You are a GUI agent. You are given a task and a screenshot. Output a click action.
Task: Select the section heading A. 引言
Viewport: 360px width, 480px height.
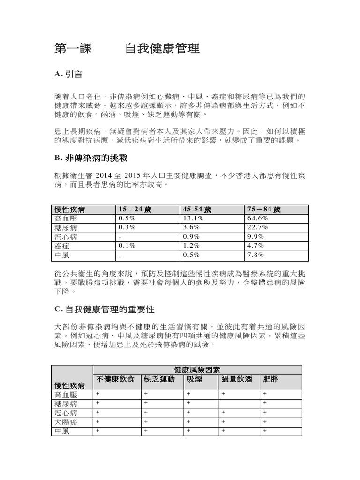click(68, 74)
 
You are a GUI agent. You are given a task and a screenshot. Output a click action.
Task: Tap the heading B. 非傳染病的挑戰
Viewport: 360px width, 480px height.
click(91, 158)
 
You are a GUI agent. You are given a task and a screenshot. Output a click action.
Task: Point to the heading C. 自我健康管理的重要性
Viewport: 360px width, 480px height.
click(104, 310)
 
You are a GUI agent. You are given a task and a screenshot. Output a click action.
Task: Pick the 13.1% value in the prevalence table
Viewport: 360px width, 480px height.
click(194, 218)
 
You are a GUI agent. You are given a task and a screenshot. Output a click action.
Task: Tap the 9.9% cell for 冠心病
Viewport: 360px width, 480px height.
click(255, 236)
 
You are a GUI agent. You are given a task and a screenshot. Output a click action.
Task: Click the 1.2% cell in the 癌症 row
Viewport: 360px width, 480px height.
click(191, 245)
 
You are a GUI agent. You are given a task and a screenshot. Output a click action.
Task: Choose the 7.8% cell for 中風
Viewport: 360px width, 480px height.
click(255, 255)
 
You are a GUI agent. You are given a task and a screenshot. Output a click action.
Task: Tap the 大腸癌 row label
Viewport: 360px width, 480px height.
click(66, 422)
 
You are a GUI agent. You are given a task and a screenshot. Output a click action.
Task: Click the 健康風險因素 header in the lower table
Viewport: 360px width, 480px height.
click(197, 369)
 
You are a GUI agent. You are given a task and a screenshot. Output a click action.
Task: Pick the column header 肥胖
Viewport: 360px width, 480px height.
click(271, 379)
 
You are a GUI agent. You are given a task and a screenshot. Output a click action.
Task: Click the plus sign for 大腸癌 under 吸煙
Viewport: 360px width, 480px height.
click(188, 422)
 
